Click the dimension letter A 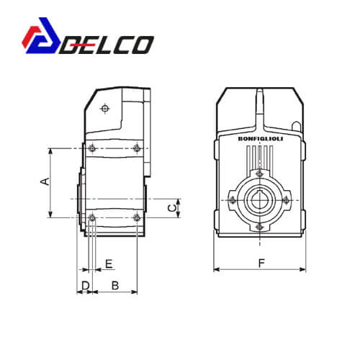[45, 181]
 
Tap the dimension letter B [115, 286]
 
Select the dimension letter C [172, 208]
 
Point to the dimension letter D [86, 286]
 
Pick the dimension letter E [109, 264]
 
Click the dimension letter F [261, 263]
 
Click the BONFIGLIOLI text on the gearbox [261, 139]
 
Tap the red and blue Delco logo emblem [41, 35]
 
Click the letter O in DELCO [142, 45]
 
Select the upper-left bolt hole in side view [92, 148]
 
